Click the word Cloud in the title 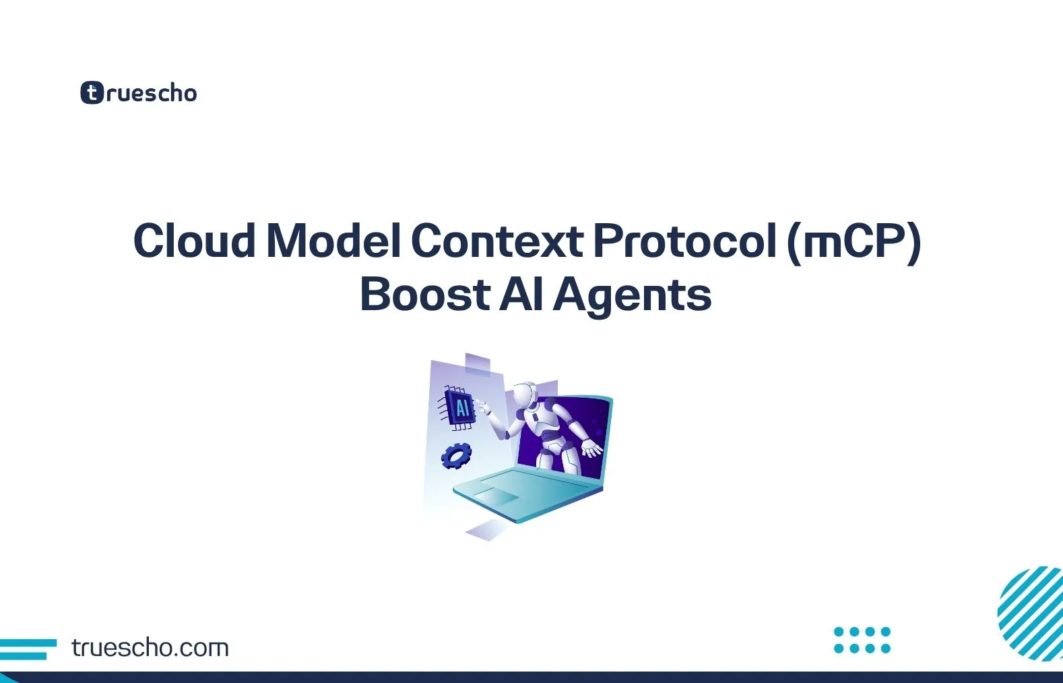click(x=194, y=241)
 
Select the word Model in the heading click(x=335, y=241)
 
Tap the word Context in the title click(x=497, y=241)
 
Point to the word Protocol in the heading click(x=684, y=241)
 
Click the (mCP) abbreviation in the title click(x=853, y=242)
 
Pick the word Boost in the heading click(x=424, y=295)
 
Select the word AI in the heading click(x=521, y=295)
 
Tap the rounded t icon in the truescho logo click(x=92, y=93)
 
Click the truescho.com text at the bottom click(x=150, y=648)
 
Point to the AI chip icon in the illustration click(x=460, y=408)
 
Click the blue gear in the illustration click(x=456, y=456)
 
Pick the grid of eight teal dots click(x=862, y=640)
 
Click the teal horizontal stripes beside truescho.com click(x=27, y=649)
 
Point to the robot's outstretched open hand click(x=592, y=448)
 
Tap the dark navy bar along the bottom click(x=531, y=677)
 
